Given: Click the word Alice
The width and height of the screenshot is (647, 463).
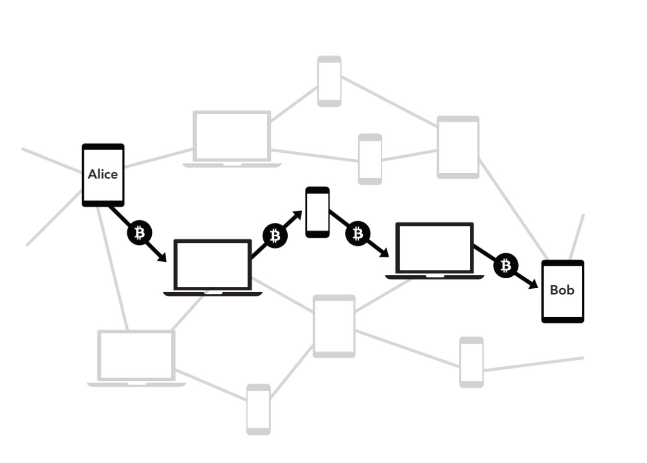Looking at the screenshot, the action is [x=103, y=174].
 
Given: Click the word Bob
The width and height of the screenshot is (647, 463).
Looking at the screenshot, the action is [x=562, y=290].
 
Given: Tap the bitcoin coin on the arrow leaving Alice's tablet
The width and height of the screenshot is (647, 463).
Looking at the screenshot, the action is [x=139, y=233].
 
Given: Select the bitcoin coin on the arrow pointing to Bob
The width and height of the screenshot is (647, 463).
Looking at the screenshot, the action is [x=506, y=266].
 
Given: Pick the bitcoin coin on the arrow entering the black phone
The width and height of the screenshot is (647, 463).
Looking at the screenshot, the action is [x=275, y=236].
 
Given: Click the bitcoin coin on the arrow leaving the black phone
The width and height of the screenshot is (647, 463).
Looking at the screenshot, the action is [x=358, y=233].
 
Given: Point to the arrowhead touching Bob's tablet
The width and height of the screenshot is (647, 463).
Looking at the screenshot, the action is [x=533, y=284].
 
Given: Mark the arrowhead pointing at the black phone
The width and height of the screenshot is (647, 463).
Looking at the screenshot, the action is [x=298, y=215].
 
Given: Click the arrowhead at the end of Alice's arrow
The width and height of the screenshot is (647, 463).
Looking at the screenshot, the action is [x=162, y=257].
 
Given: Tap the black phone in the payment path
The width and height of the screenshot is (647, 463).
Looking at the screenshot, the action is [x=318, y=213].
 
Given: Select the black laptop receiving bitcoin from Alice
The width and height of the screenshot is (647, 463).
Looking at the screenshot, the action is [x=213, y=268].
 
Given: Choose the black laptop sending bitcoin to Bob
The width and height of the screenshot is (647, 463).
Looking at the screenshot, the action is [x=434, y=251].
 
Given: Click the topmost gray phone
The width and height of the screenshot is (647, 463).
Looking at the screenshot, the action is [x=329, y=81].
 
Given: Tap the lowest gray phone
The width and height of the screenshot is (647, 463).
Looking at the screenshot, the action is [x=258, y=410].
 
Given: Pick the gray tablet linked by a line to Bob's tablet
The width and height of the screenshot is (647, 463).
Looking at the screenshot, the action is [x=458, y=147].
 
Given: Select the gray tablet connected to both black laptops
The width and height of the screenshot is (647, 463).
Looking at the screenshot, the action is [x=334, y=326].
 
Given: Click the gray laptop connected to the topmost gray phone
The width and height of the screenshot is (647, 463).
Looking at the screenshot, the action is [x=232, y=139].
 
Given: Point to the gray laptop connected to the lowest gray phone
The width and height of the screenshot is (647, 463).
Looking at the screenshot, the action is [x=137, y=358].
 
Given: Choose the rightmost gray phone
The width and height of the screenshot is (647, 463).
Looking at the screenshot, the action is [x=471, y=362].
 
